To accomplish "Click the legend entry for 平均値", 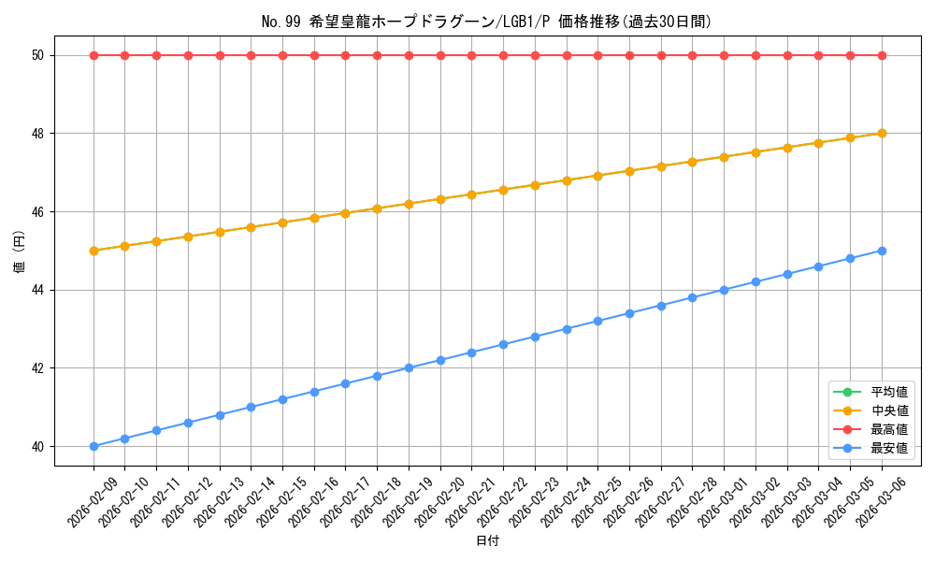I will pos(889,392).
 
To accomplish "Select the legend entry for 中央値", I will pos(889,410).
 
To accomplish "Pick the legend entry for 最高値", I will pos(889,429).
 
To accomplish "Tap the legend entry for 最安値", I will pos(889,448).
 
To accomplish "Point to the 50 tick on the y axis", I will pos(39,55).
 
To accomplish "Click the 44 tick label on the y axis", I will pos(39,290).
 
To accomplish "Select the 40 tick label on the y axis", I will pos(39,446).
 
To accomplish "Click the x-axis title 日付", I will pos(487,541).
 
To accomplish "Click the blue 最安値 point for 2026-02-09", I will pos(93,446).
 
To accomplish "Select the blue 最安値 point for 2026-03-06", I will pos(882,251).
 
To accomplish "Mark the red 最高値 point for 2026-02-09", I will pos(93,55).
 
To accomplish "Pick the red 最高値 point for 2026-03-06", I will pos(882,55).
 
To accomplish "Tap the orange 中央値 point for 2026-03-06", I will pos(882,133).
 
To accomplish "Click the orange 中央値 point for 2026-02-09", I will pos(93,251).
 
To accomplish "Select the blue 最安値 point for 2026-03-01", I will pos(724,290).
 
